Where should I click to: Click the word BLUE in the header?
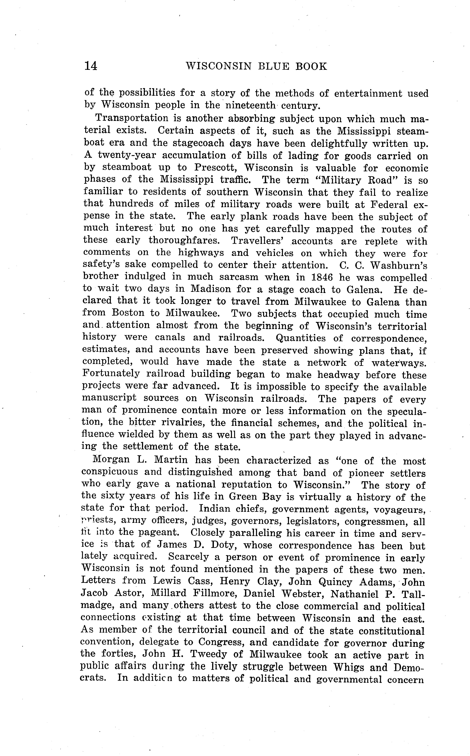coord(275,66)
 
